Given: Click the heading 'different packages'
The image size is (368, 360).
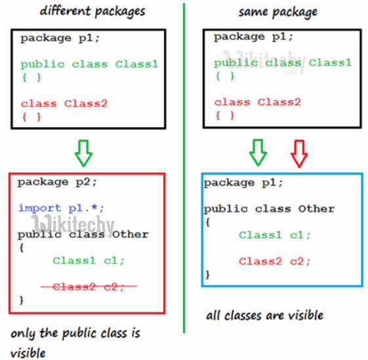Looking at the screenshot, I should point(92,11).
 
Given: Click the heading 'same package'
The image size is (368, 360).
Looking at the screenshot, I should point(277,11).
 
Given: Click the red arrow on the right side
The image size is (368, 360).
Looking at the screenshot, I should point(299,152).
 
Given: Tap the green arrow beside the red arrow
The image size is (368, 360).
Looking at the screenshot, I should point(258,152).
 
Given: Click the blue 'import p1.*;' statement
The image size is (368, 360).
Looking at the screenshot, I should point(61,208).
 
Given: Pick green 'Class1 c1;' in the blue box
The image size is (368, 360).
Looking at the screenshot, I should point(274,235).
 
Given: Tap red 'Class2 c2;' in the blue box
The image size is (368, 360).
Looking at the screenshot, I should point(274,261).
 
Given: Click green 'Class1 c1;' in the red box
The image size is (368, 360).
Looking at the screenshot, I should point(89,260).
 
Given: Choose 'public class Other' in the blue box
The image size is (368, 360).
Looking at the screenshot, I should point(269,209).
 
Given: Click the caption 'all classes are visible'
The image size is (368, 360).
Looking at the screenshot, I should point(264,315).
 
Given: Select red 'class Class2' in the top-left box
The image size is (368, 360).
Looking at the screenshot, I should point(64,103).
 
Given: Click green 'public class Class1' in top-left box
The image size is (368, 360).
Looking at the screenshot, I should point(89,64).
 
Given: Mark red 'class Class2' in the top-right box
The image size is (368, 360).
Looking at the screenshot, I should point(257,102).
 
